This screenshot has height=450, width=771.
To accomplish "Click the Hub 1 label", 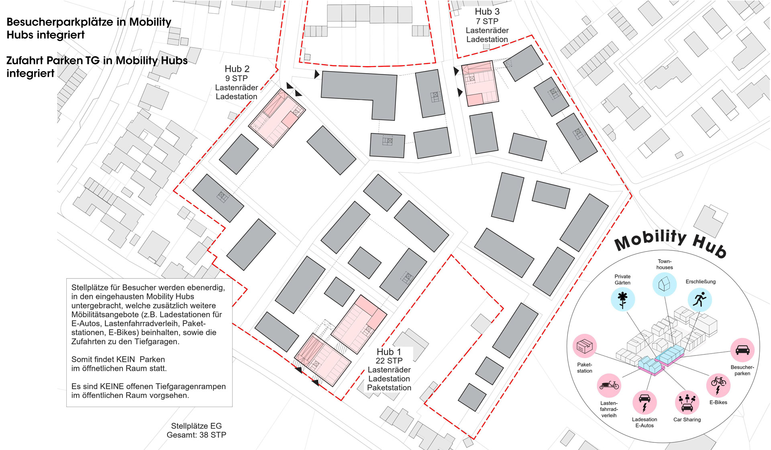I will [x=388, y=352].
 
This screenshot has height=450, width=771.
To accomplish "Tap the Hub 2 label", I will [x=237, y=69].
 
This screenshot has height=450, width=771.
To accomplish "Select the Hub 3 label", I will [x=487, y=12].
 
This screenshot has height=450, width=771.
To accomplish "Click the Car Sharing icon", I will [x=687, y=402].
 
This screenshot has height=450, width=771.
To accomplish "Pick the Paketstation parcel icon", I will [x=585, y=346].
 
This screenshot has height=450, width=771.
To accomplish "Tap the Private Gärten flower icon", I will [x=622, y=299].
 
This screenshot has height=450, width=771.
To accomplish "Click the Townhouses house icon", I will [x=665, y=284].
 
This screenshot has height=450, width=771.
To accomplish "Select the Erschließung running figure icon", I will [x=700, y=300].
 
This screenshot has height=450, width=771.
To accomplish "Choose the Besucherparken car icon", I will [x=742, y=350].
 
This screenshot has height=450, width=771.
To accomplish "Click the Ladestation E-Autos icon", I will [x=645, y=403].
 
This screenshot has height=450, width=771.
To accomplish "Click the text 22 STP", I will [x=389, y=361].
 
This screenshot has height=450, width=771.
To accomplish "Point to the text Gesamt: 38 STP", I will [x=196, y=435].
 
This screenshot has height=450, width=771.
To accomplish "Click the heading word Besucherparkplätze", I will [x=60, y=22].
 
